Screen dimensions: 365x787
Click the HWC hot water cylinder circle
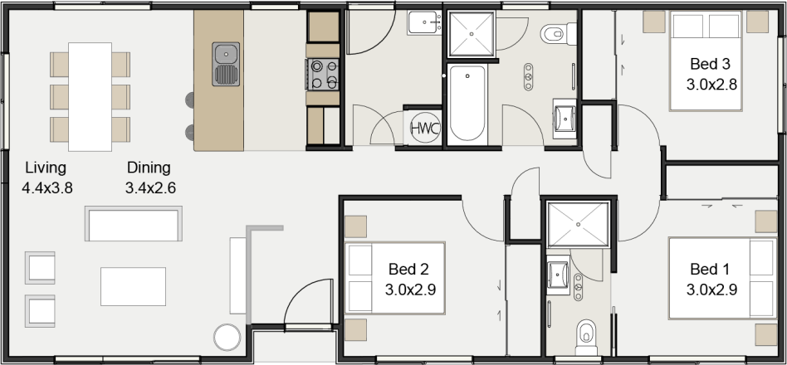[424, 129]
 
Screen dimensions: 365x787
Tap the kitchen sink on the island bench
[226, 65]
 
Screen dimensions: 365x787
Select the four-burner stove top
[324, 74]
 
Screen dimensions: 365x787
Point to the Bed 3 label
[710, 64]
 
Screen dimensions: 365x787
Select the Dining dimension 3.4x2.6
[150, 188]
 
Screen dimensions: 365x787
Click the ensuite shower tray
[578, 223]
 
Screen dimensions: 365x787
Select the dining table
[90, 96]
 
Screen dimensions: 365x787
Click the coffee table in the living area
[133, 286]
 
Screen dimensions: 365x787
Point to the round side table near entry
[227, 337]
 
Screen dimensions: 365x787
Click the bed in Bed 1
[721, 278]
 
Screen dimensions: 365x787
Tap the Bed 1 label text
[710, 270]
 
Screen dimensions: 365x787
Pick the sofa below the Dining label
[133, 225]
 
